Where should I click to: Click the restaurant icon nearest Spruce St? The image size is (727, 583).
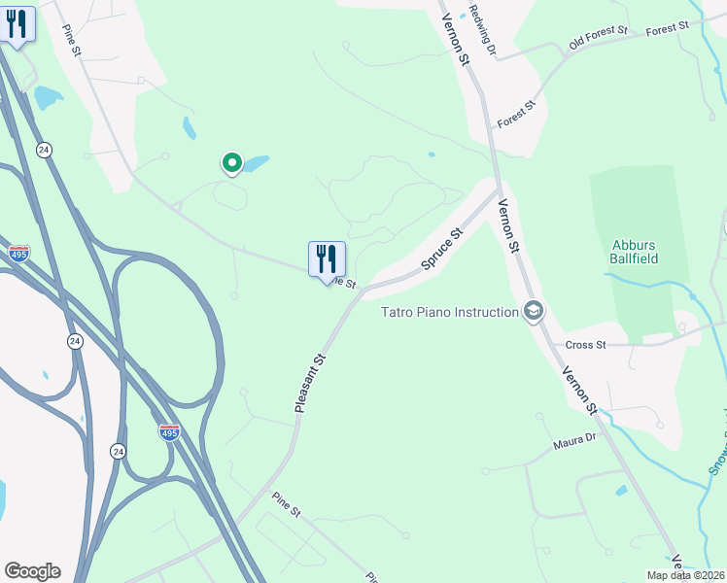point(328,259)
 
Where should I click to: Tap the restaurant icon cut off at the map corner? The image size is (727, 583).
point(17,22)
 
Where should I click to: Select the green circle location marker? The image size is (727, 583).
point(231,163)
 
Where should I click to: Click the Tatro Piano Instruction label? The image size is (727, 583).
point(448,312)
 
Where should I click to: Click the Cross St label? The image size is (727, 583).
point(586,345)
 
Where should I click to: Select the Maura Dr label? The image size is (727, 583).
point(574,441)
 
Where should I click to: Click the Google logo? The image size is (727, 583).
point(32,571)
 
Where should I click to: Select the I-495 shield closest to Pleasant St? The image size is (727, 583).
point(169,431)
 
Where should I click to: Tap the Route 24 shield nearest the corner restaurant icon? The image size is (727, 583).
point(44,150)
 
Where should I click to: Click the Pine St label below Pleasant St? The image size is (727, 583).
point(288,506)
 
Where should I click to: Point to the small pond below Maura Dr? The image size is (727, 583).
point(621,491)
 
